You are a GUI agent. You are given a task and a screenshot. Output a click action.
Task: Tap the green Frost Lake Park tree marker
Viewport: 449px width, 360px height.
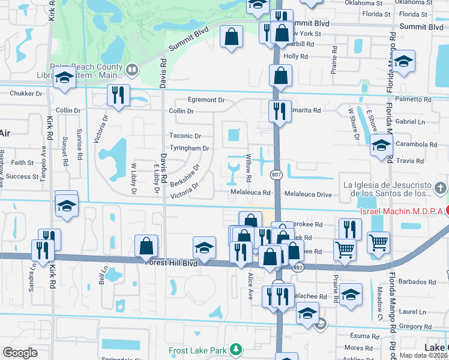click(x=237, y=349)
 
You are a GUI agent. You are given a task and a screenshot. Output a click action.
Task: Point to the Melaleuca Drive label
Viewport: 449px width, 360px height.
click(x=307, y=194)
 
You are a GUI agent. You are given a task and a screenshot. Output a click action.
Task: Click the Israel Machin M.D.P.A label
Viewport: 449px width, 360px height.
click(x=401, y=211)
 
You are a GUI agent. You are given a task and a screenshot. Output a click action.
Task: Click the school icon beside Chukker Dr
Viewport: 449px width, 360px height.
click(x=63, y=77)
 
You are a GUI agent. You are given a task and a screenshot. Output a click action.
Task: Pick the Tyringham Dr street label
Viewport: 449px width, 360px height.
click(x=188, y=148)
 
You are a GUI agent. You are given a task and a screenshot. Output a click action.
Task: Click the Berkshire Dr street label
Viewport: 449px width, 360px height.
click(x=184, y=173)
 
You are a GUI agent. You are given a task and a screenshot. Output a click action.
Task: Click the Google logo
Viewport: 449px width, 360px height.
click(x=20, y=353)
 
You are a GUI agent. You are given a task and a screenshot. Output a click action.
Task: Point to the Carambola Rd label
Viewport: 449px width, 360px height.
click(x=416, y=145)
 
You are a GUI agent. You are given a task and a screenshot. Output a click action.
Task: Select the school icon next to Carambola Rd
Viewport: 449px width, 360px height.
click(x=381, y=145)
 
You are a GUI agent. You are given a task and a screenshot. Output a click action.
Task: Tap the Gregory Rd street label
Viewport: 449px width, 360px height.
click(x=412, y=326)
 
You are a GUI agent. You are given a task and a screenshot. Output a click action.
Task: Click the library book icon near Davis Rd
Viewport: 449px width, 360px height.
click(x=131, y=70)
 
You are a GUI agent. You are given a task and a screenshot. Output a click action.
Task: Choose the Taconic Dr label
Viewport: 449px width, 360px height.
click(x=184, y=136)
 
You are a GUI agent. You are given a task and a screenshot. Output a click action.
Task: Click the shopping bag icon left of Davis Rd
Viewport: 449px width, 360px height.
click(x=146, y=245)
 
